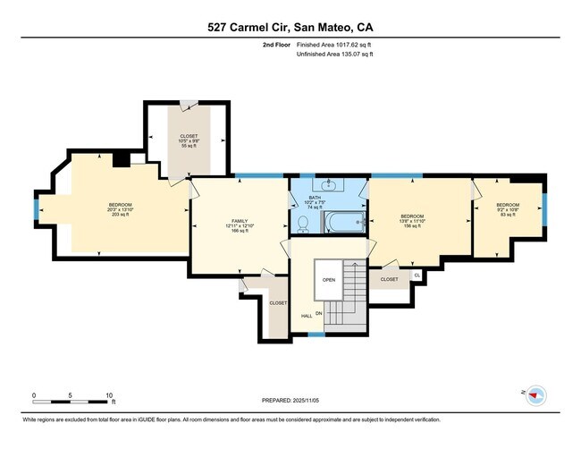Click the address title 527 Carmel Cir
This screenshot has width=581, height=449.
click(x=290, y=27)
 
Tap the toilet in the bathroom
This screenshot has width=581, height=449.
click(x=303, y=223)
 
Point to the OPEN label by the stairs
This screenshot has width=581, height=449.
click(x=328, y=278)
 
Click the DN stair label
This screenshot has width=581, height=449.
click(x=317, y=313)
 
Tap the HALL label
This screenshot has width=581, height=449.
click(x=306, y=315)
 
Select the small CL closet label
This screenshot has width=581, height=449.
click(x=417, y=274)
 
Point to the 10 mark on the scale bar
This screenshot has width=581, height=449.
click(x=109, y=394)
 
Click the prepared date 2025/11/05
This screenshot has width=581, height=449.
click(x=290, y=400)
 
